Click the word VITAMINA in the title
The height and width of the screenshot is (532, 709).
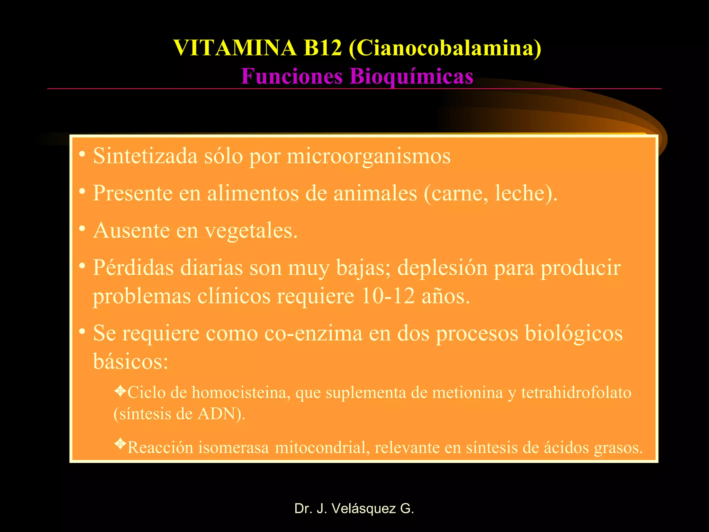click(235, 48)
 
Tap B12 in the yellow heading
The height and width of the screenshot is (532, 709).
click(322, 48)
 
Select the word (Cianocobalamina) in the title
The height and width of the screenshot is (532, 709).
click(445, 48)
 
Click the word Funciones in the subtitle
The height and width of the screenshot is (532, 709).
click(292, 76)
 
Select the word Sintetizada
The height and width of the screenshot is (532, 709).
click(145, 156)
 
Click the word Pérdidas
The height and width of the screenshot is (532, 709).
click(133, 268)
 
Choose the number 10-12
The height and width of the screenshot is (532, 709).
click(387, 296)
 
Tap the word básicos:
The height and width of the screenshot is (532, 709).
click(131, 362)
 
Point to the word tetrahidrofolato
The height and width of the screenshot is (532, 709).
click(576, 393)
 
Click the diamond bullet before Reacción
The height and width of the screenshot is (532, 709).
click(120, 443)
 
